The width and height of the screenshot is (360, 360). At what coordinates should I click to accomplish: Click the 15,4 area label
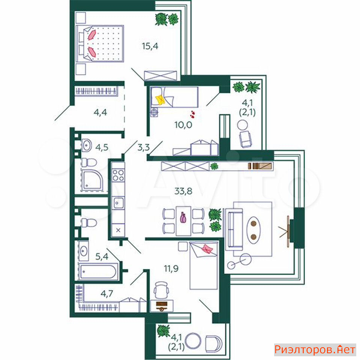click(x=150, y=46)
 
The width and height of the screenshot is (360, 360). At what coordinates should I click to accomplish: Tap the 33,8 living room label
click(x=183, y=191)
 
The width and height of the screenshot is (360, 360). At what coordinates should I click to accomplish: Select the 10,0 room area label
click(x=183, y=125)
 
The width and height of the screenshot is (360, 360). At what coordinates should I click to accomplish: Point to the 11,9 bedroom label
click(x=171, y=268)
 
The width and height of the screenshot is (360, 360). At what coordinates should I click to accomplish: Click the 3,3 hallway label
click(x=144, y=147)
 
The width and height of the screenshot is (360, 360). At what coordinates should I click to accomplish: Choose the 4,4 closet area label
click(x=100, y=112)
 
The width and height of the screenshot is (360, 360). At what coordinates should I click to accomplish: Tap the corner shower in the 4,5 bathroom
click(x=92, y=180)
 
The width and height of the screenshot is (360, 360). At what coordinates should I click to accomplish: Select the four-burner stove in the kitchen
click(x=118, y=175)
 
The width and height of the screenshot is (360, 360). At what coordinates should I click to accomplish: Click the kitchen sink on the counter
click(x=118, y=203)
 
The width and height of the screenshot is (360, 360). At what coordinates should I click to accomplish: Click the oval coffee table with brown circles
click(x=253, y=230)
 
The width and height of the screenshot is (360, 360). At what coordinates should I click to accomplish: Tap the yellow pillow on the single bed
click(x=160, y=100)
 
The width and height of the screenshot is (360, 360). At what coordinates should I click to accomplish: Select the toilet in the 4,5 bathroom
click(x=88, y=162)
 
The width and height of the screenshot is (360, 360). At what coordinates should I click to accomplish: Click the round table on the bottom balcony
click(x=193, y=341)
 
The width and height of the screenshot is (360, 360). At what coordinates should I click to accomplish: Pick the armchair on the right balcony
click(x=245, y=139)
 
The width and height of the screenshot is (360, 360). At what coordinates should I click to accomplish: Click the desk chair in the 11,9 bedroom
click(x=161, y=290)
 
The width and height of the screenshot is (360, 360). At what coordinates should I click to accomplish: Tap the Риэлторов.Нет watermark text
click(x=315, y=349)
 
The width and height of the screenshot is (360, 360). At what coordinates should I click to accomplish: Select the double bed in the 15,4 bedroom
click(x=100, y=43)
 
